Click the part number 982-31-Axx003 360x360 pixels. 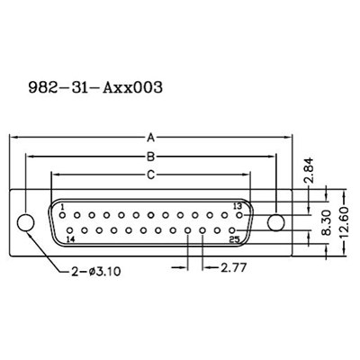[95, 89]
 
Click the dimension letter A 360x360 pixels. [151, 138]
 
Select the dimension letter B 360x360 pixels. [151, 155]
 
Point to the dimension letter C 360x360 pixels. [151, 173]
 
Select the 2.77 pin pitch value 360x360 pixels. [235, 268]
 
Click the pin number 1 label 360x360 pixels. [63, 207]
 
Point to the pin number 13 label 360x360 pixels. [238, 207]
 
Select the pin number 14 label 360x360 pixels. [70, 241]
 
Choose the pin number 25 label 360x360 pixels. [233, 240]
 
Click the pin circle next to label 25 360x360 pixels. [231, 230]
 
